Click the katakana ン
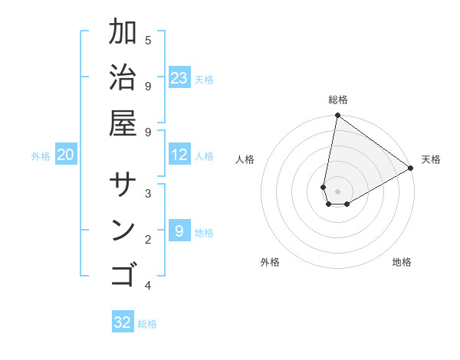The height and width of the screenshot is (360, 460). pos(123,231)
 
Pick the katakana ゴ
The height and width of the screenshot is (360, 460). pos(123,274)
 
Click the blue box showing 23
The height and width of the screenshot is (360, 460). pos(179,78)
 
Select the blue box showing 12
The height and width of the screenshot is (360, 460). pos(179,155)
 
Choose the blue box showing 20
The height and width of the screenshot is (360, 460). pos(66,155)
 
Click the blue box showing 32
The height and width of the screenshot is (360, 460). pos(123,322)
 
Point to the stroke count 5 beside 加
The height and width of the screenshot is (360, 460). pos(148,40)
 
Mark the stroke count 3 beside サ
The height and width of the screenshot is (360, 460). pos(148,194)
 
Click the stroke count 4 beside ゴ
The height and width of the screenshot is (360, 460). pos(148,286)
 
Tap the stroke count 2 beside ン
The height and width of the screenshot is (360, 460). pos(148,240)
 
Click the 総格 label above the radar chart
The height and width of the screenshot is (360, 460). pos(338,100)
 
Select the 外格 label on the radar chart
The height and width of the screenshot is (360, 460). pos(270,262)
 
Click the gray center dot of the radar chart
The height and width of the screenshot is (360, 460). pos(337,191)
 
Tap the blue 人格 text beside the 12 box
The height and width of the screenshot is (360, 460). pos(204,156)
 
